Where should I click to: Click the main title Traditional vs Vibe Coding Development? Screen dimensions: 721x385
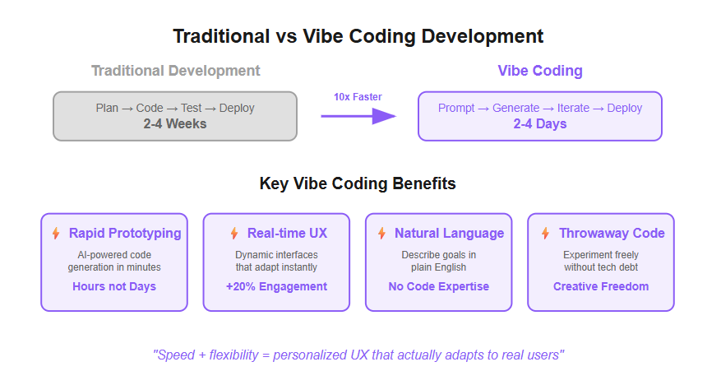358,36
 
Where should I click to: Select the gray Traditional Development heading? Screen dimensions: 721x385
176,71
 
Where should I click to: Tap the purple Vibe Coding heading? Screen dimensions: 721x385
540,71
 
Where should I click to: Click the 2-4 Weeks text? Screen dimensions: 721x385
175,123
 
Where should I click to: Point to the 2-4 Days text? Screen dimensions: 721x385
540,123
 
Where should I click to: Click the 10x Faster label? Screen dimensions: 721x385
358,97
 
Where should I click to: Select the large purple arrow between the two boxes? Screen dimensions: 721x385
358,116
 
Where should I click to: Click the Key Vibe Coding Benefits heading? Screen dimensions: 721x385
358,183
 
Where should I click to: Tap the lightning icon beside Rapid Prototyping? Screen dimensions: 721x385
56,233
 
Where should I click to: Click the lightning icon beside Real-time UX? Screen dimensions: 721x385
234,233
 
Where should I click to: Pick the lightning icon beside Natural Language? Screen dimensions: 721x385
381,233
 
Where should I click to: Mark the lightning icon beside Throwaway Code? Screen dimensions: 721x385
545,233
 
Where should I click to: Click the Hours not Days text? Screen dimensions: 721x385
114,286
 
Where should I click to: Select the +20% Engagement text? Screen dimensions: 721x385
276,286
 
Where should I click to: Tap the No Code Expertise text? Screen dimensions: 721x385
439,286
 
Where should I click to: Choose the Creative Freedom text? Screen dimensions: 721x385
601,286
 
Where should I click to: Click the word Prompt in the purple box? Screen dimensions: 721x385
456,108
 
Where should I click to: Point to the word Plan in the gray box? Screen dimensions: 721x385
107,108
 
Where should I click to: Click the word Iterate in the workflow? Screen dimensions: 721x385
573,108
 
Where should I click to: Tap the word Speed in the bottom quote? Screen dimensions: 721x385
176,355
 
